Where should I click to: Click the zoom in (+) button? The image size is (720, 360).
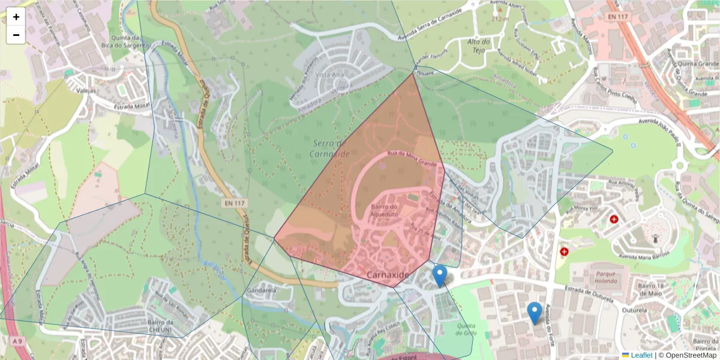pos(16,17)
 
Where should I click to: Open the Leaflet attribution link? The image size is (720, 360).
pos(641,355)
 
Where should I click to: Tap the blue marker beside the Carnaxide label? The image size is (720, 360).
pos(440,275)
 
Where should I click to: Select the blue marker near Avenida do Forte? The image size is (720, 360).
pos(535,313)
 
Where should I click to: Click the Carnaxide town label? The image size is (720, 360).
pos(388,275)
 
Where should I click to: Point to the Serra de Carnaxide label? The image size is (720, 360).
pos(329,148)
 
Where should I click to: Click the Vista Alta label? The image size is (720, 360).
pos(329,75)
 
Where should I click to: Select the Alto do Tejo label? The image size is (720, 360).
pos(479,45)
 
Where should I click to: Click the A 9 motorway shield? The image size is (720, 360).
pos(18,341)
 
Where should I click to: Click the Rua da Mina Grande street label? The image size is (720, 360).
pos(412,158)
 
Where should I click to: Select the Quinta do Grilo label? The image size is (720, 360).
pos(466,329)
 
